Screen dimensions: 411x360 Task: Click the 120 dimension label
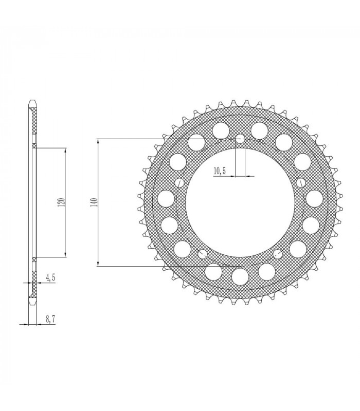coord(61,202)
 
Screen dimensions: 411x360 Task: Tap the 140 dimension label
coord(93,202)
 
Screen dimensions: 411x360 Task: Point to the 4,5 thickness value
coord(51,277)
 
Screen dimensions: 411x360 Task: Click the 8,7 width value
coord(51,320)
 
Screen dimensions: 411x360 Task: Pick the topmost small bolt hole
coord(240,139)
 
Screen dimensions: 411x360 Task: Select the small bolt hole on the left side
coord(179,183)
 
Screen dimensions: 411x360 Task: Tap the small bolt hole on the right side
coord(301,183)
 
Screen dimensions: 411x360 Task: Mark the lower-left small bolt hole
coord(202,254)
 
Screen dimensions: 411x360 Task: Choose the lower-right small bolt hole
coord(278,254)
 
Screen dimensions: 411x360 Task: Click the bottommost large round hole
coord(240,276)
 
